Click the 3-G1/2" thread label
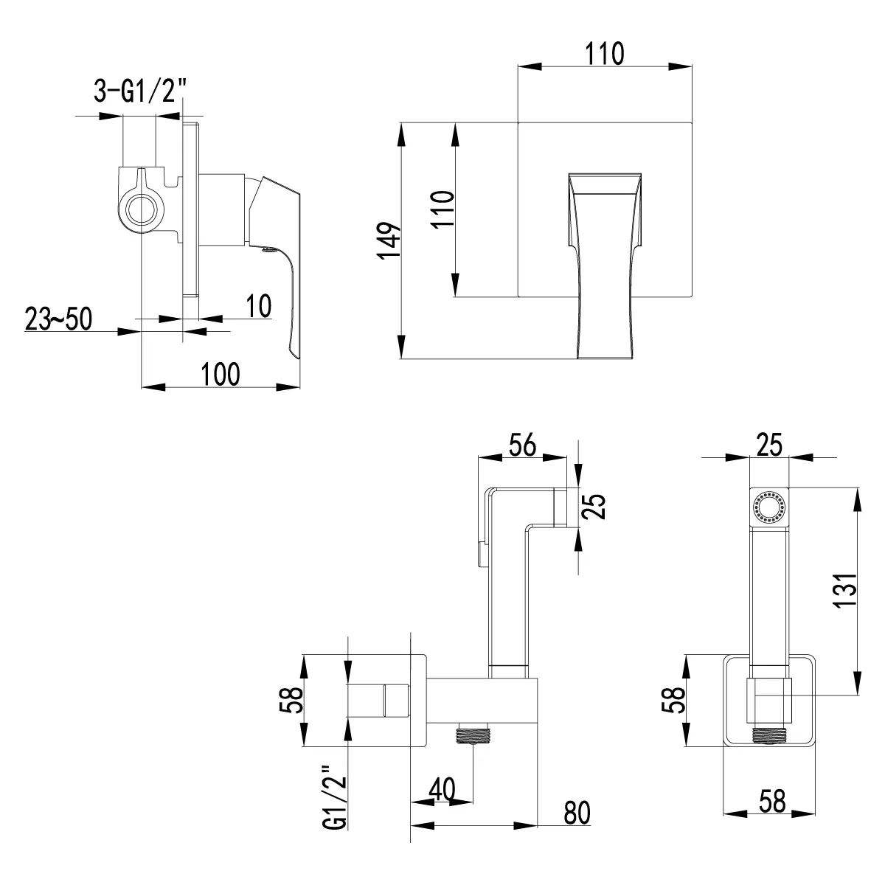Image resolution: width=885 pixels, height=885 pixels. [x=141, y=91]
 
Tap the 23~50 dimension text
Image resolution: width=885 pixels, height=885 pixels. [x=58, y=319]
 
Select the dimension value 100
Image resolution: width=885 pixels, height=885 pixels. [x=221, y=375]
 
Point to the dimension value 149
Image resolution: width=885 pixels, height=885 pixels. [x=389, y=240]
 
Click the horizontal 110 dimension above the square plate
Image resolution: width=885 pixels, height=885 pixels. [x=605, y=54]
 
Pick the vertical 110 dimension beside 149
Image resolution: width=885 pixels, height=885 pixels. [x=442, y=209]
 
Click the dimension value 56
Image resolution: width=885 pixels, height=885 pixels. [x=523, y=445]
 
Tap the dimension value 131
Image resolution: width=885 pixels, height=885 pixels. [x=845, y=591]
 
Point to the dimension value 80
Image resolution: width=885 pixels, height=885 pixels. [x=577, y=813]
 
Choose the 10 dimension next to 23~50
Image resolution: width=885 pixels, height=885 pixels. [x=259, y=306]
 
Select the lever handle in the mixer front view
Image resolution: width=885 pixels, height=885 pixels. [x=605, y=266]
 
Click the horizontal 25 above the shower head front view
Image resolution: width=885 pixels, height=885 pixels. [x=770, y=445]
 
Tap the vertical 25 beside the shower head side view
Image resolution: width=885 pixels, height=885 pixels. [x=594, y=507]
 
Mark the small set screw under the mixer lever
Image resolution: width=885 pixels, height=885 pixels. [x=269, y=250]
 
